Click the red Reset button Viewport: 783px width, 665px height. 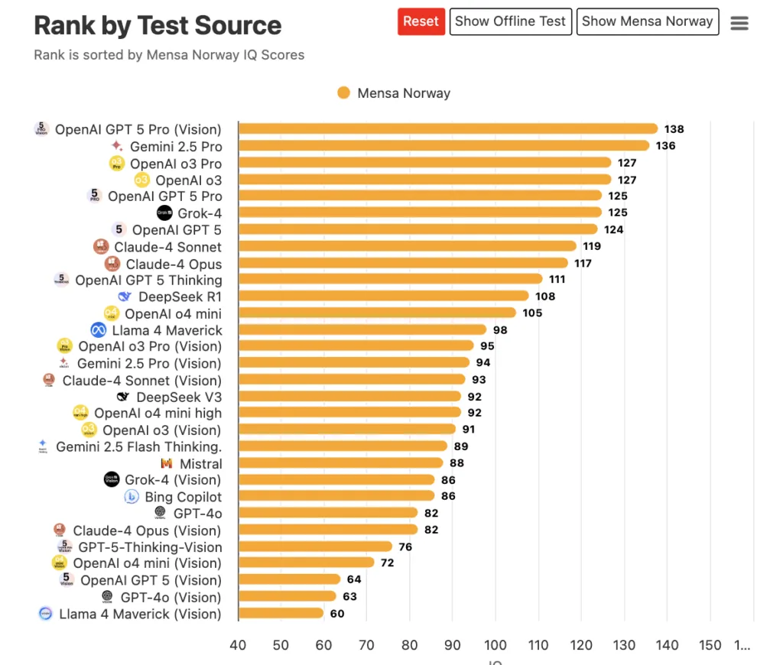[x=421, y=21]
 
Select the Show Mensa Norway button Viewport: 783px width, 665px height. [x=647, y=21]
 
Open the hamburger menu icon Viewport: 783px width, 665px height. [x=739, y=23]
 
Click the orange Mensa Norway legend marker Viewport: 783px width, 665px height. [x=343, y=93]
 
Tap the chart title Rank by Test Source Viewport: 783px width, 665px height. [x=158, y=26]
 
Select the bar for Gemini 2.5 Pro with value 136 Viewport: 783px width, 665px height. [x=443, y=146]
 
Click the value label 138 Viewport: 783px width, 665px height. [x=674, y=129]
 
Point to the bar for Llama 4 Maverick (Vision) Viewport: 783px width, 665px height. [x=281, y=613]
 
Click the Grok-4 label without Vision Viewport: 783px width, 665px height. [x=200, y=213]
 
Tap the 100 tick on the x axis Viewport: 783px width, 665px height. [x=495, y=645]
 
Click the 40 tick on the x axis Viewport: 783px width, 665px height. [x=238, y=645]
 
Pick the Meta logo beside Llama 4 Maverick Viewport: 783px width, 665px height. [x=98, y=330]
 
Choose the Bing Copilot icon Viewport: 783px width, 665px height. [x=132, y=497]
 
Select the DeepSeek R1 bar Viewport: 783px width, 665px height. [x=383, y=296]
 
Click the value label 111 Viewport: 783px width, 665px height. [x=557, y=279]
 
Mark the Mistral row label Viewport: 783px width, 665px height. [x=200, y=464]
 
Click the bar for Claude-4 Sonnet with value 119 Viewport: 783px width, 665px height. [x=407, y=246]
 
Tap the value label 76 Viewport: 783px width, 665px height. [x=406, y=547]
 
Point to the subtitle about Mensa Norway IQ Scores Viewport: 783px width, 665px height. [x=169, y=55]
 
